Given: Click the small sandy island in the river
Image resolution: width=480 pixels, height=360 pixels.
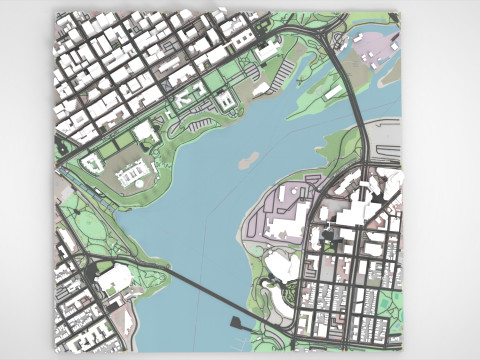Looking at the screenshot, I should [x=247, y=158].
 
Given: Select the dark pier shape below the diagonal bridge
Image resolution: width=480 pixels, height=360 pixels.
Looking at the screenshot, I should [x=239, y=323].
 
